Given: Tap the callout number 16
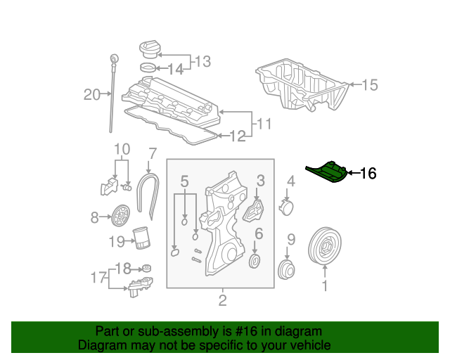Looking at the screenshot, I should pos(368,174).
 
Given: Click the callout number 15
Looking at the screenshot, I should pos(369,86).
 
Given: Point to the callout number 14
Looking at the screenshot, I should pos(175,69).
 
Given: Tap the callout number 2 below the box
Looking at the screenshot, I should pos(222,302).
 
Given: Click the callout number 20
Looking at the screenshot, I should pos(92,94).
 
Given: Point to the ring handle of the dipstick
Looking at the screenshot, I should pos(113,56).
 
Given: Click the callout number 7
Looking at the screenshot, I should pos(151,153).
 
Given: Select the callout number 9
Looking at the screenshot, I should pos(291,239).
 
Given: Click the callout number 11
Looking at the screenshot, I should pos(264,124).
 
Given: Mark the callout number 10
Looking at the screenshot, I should pos(122,150).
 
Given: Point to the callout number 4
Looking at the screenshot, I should pos(290,181).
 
